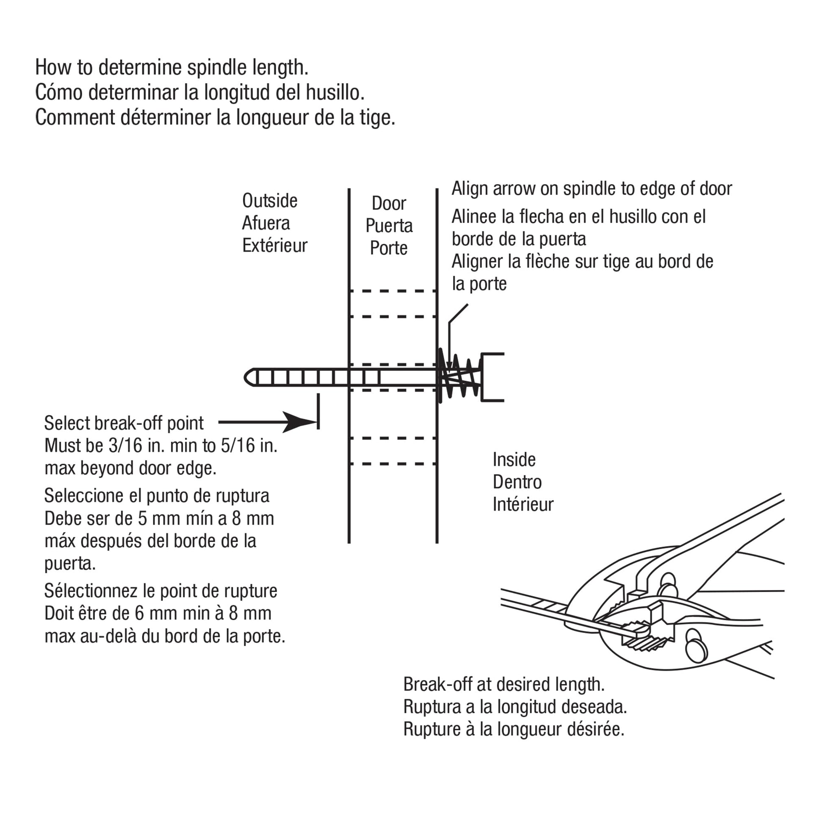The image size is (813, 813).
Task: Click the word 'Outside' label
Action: [x=270, y=201]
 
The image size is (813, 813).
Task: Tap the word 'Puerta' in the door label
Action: [x=389, y=226]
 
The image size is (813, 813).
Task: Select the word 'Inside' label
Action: [x=514, y=459]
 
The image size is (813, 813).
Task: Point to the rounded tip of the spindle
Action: [x=249, y=377]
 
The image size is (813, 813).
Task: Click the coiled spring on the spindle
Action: [x=460, y=376]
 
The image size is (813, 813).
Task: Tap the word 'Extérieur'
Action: [x=275, y=246]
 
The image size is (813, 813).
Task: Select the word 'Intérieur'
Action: [x=523, y=504]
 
